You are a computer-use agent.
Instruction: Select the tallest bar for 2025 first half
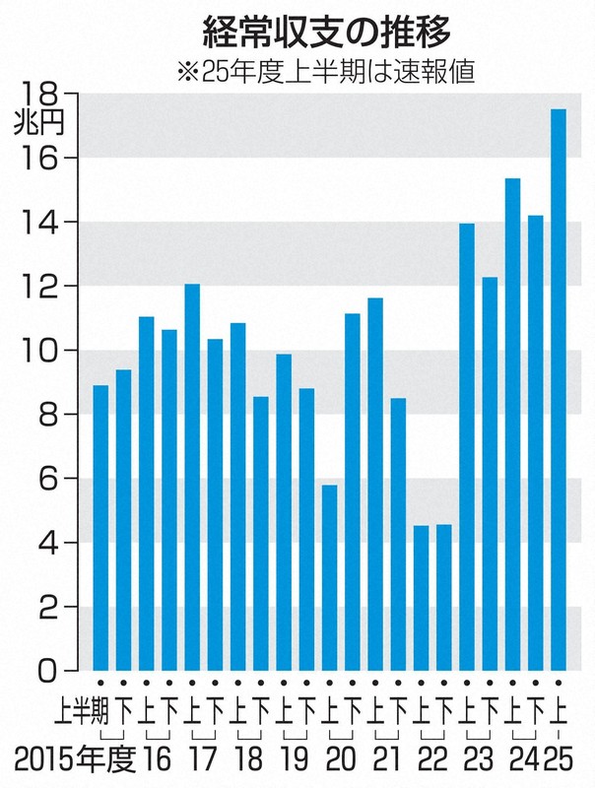pyautogui.click(x=559, y=389)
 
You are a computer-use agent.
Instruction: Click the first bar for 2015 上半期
pyautogui.click(x=100, y=527)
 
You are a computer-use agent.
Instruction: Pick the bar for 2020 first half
pyautogui.click(x=330, y=577)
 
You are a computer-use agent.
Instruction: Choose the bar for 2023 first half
pyautogui.click(x=467, y=447)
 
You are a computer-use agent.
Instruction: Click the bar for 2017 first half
pyautogui.click(x=192, y=477)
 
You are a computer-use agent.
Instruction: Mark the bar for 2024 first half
pyautogui.click(x=512, y=424)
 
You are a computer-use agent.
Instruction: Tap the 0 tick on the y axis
pyautogui.click(x=44, y=672)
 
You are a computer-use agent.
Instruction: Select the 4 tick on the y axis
pyautogui.click(x=44, y=543)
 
